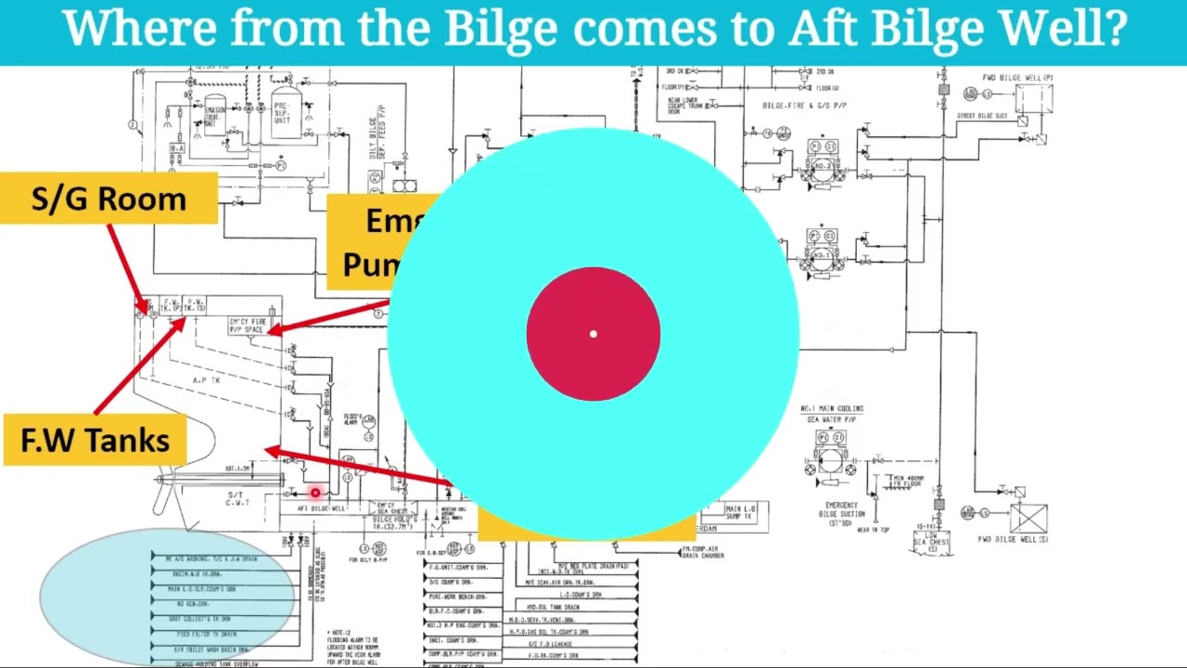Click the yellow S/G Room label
tap(108, 199)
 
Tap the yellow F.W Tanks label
tap(96, 441)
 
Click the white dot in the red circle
tap(593, 334)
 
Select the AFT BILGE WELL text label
tap(321, 508)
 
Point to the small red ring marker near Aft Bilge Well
tap(315, 494)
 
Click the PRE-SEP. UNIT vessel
tap(282, 114)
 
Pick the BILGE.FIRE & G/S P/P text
tap(804, 106)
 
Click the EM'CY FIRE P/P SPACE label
tap(248, 326)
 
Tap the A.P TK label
tap(206, 380)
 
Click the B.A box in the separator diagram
tap(176, 148)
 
